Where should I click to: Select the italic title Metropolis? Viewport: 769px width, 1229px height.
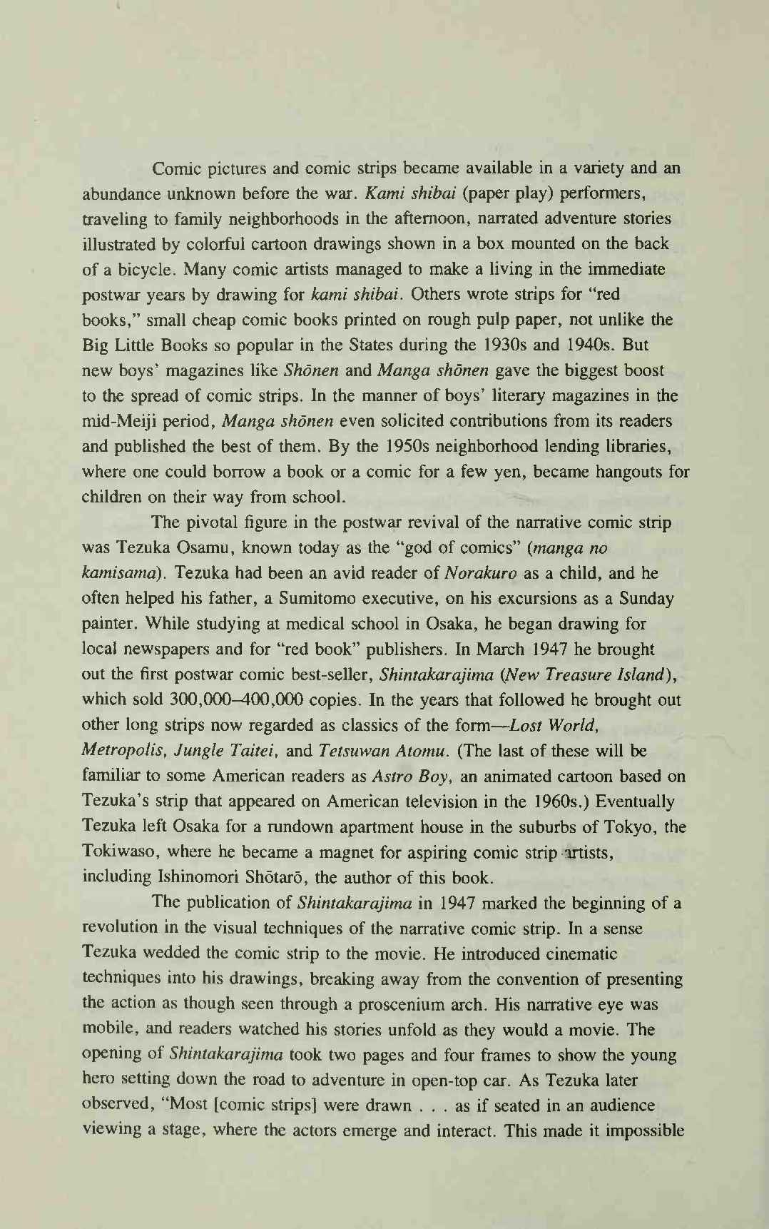point(122,751)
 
